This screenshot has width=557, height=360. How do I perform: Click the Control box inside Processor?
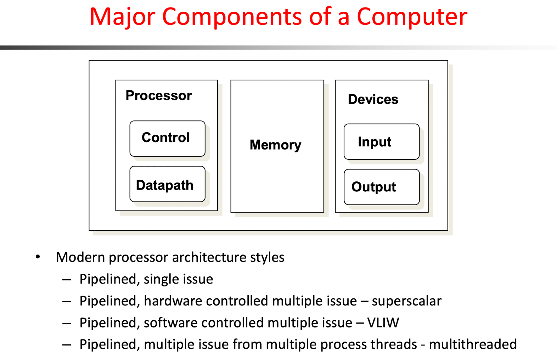tap(167, 139)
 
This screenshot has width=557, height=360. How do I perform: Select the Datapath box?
tap(167, 184)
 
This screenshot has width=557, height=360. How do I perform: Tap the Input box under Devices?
tap(382, 142)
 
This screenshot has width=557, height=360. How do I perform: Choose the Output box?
tap(382, 187)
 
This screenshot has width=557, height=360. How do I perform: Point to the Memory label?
tap(275, 145)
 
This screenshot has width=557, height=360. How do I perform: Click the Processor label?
tap(159, 95)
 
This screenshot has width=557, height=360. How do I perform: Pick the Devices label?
tap(373, 99)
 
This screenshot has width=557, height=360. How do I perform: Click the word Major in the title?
tap(123, 17)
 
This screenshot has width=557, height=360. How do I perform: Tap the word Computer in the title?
tap(412, 17)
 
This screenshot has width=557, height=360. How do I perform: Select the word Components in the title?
tap(232, 17)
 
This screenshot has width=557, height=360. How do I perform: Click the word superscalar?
tap(406, 301)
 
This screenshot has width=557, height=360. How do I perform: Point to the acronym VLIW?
tap(383, 323)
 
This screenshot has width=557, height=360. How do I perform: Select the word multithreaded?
tap(473, 344)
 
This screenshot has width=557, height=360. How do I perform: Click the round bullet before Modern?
tap(38, 257)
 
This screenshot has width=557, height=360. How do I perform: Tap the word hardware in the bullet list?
tap(173, 301)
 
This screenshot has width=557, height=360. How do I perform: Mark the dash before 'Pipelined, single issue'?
tap(67, 280)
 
